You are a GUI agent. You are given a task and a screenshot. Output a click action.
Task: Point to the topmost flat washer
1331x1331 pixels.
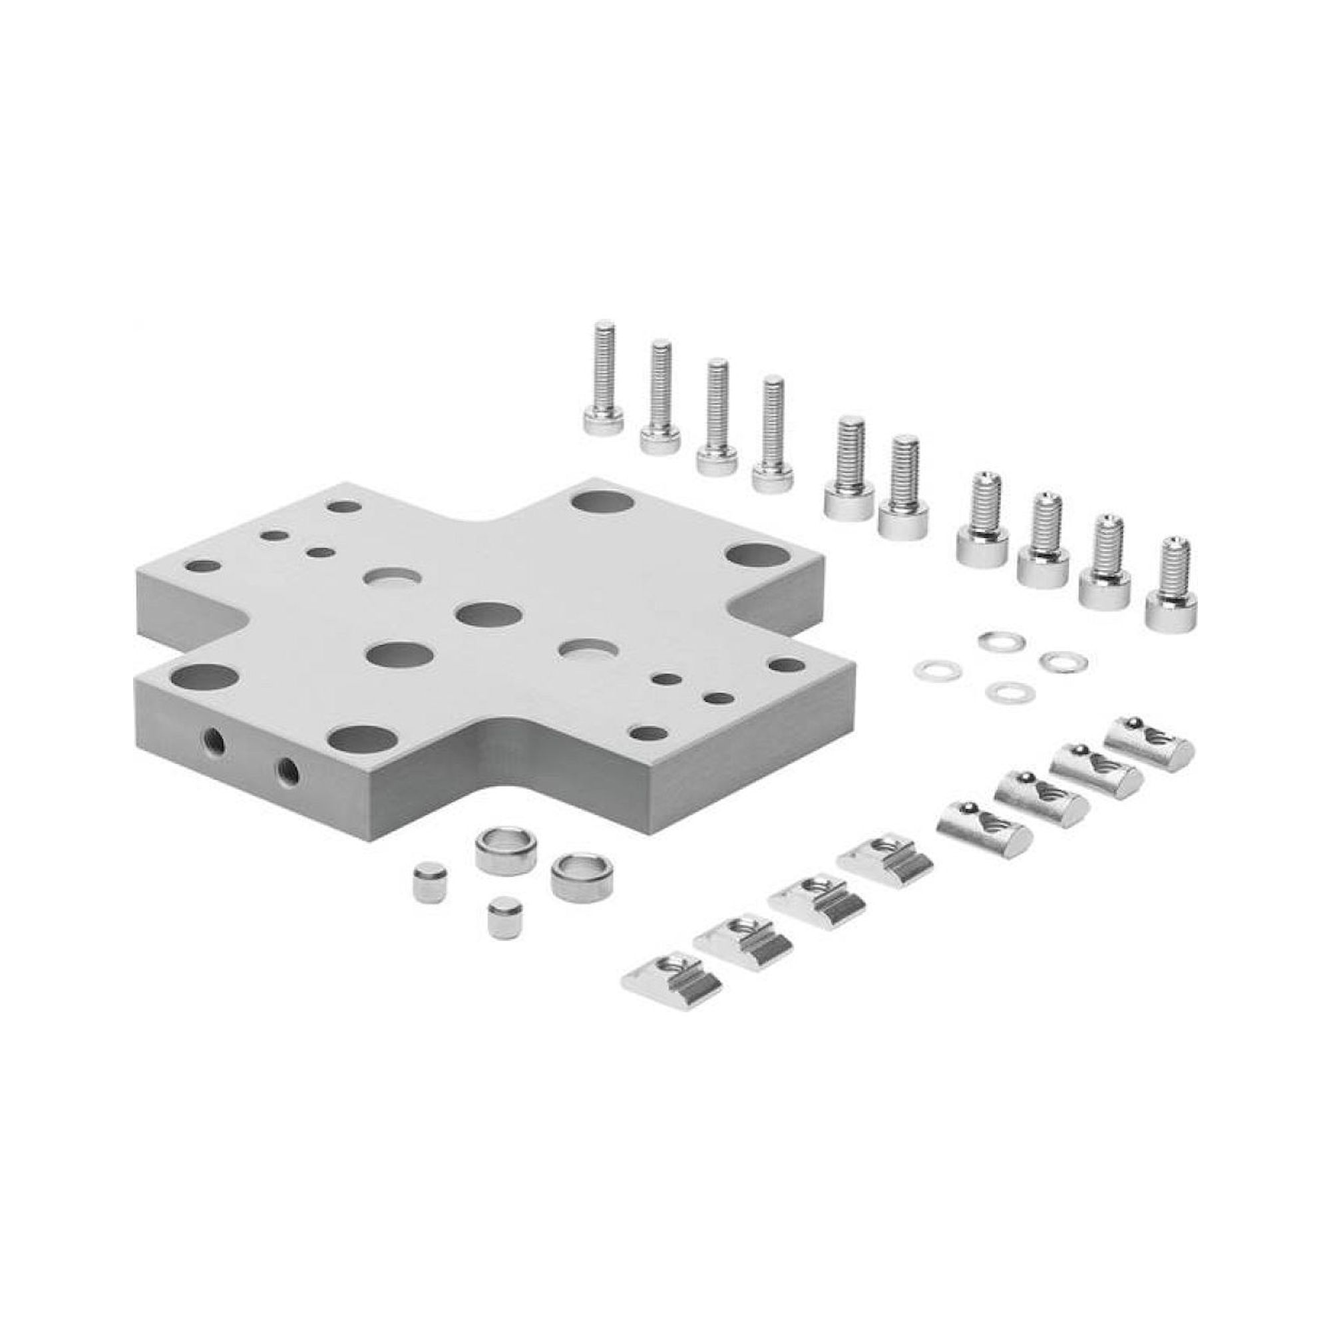1002,641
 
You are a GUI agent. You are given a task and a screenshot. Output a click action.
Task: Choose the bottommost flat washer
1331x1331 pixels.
1006,691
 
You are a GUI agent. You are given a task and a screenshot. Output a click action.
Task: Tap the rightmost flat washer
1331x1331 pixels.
1063,662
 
